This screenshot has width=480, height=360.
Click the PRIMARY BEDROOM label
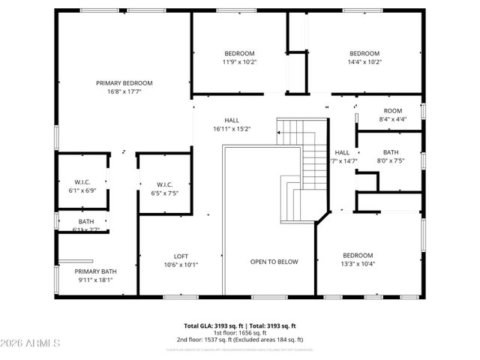point(124,82)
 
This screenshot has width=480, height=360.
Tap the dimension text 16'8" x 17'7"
point(124,92)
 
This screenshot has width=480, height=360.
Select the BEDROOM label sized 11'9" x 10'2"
point(239,53)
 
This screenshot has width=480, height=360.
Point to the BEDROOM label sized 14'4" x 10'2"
point(364,53)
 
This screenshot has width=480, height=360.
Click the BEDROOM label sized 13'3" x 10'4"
point(358,255)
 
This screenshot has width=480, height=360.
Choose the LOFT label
point(181,255)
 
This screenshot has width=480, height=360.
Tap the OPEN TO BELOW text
point(274,262)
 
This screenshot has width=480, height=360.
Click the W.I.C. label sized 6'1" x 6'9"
point(82,181)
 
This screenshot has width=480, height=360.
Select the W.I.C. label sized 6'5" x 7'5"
point(164,184)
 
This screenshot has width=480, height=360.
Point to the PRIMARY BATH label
point(95,271)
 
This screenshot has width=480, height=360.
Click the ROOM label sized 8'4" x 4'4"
point(392,110)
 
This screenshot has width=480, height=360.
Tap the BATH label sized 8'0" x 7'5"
point(390,151)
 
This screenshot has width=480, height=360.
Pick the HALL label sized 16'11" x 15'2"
point(232,120)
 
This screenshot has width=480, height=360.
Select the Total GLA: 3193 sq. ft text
point(211,326)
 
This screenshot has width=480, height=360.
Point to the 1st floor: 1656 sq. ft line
point(240,333)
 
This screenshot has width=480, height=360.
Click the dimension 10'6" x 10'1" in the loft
point(181,264)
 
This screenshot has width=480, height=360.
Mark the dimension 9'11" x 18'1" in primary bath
point(95,280)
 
